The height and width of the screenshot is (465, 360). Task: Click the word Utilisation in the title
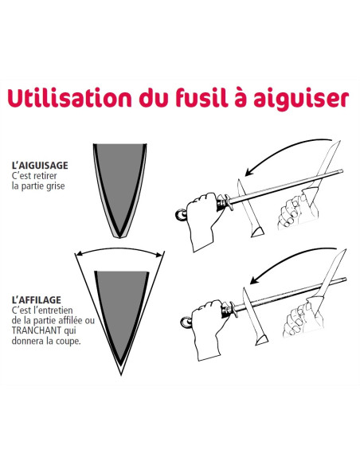coord(69,98)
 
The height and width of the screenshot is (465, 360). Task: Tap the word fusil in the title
coord(202,97)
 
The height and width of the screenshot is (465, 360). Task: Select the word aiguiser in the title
coord(301,99)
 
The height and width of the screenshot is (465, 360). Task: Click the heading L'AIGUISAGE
coord(40,165)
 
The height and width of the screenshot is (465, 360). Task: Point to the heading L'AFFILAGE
coord(36,299)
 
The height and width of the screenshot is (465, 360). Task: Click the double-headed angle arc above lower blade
coord(119,248)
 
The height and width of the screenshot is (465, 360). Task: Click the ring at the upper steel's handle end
coord(181,214)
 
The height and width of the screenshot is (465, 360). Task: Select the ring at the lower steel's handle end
coord(186,322)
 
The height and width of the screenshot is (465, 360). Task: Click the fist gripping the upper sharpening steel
coord(204,220)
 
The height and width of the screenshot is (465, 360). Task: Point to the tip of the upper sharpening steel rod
coord(342,171)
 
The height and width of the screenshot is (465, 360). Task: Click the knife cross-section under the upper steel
coord(249,208)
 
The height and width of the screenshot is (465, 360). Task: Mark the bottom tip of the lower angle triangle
coord(121,376)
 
